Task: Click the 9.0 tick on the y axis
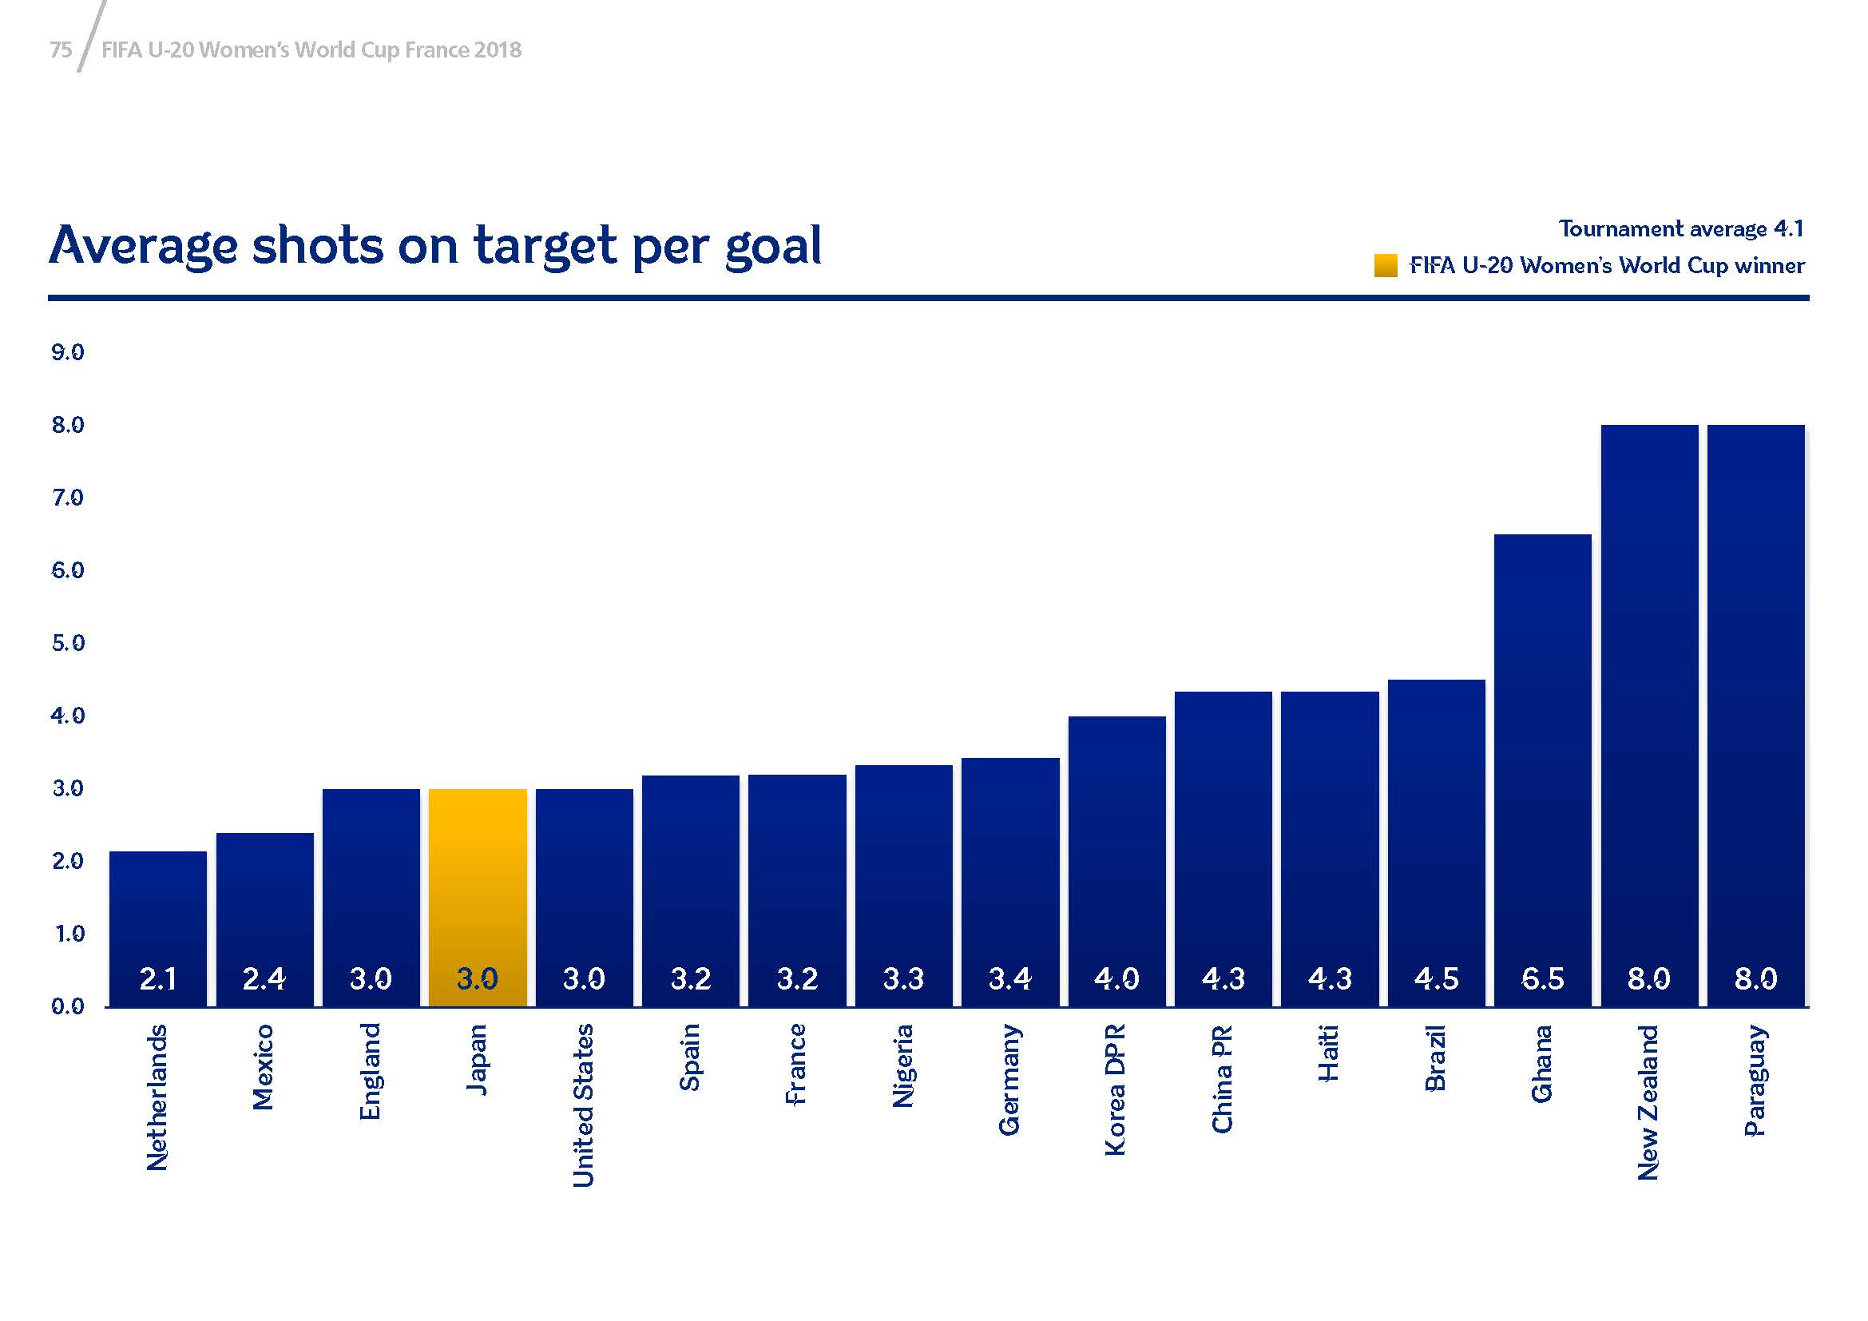(x=68, y=352)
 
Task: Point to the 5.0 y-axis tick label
(x=68, y=644)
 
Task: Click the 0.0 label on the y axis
(x=68, y=1007)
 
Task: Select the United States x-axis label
(x=583, y=1105)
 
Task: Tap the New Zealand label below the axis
(x=1648, y=1102)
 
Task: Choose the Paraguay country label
(x=1755, y=1081)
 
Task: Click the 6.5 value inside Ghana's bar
(x=1543, y=978)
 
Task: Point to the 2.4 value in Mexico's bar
(x=264, y=978)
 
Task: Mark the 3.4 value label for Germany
(x=1010, y=978)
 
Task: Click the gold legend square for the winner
(x=1386, y=266)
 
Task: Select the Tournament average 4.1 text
(x=1681, y=229)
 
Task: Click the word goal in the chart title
(x=773, y=246)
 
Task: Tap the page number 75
(x=61, y=50)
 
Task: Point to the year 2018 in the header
(x=498, y=50)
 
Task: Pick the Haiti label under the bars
(x=1330, y=1054)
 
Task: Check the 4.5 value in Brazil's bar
(x=1436, y=978)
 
